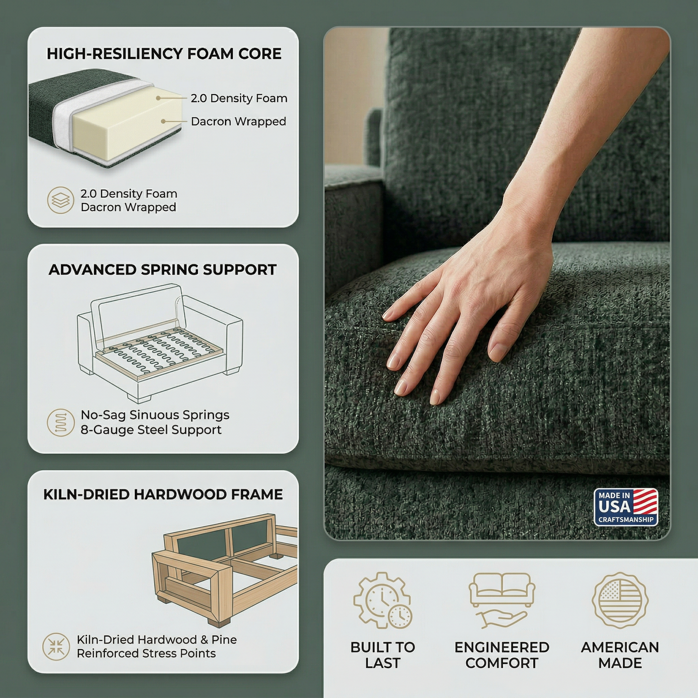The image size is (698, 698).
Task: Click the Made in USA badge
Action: (x=626, y=508)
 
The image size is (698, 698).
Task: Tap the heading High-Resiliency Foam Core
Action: (x=164, y=54)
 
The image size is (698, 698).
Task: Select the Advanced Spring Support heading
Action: (x=163, y=270)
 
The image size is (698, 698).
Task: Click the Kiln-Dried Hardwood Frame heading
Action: (x=163, y=495)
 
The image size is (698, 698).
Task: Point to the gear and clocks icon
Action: (x=383, y=600)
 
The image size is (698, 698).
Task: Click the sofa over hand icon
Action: (x=502, y=600)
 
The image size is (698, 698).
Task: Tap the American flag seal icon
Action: (x=620, y=599)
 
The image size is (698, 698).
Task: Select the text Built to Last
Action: (x=383, y=655)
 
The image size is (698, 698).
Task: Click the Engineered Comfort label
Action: (x=502, y=655)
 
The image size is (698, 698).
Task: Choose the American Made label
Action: (x=620, y=655)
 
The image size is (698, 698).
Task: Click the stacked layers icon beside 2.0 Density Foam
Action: (x=60, y=200)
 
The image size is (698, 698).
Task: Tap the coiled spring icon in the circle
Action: (x=60, y=422)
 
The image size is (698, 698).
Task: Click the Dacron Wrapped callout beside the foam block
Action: (x=238, y=121)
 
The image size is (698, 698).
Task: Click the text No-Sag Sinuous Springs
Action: (x=155, y=415)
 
